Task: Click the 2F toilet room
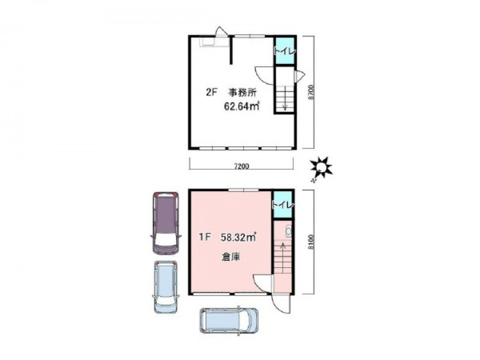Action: pos(285,51)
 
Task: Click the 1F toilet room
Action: pos(283,205)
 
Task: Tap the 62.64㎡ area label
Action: pos(242,106)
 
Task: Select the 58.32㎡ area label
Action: pos(239,237)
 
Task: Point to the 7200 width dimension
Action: pos(241,166)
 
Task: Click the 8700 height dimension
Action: pos(311,92)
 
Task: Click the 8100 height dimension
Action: pos(311,242)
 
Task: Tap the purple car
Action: pos(166,223)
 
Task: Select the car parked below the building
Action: pos(229,320)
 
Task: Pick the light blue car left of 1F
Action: pos(166,287)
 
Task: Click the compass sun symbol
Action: pos(321,167)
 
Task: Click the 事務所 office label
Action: pos(242,92)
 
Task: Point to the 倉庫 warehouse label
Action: pos(231,257)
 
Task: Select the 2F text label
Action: pos(212,92)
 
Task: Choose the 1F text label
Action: pos(205,237)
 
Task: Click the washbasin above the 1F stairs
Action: pos(288,231)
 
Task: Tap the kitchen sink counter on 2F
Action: pos(214,42)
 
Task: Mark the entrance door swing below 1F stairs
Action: pos(280,304)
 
